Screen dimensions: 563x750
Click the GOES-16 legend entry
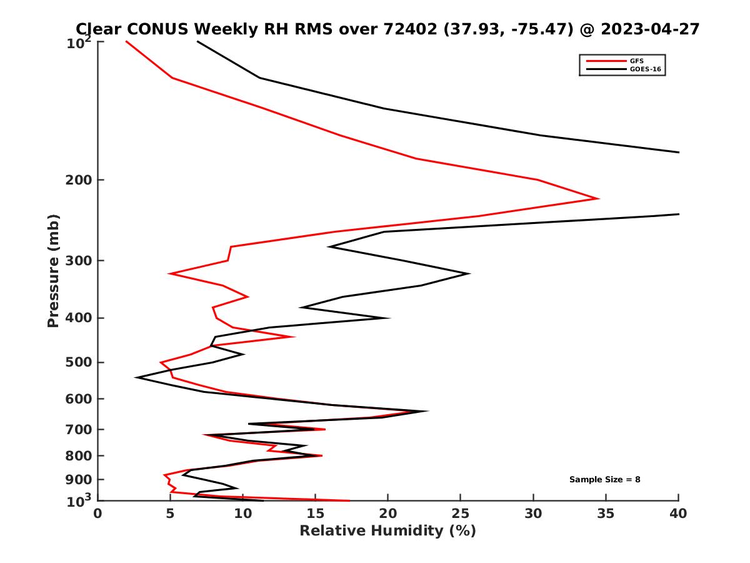(x=643, y=69)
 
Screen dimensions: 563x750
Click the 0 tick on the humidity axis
(x=98, y=514)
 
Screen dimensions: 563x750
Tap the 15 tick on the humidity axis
(x=316, y=514)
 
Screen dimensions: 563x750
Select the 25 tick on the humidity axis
(x=461, y=514)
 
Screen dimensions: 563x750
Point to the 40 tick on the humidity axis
(x=678, y=514)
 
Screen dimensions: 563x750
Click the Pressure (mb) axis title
(x=53, y=271)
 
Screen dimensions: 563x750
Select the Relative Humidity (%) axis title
(x=387, y=531)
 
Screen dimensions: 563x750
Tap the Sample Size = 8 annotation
(x=604, y=480)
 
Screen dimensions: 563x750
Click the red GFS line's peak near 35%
(x=599, y=199)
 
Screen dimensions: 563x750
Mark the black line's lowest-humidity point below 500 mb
(x=136, y=377)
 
